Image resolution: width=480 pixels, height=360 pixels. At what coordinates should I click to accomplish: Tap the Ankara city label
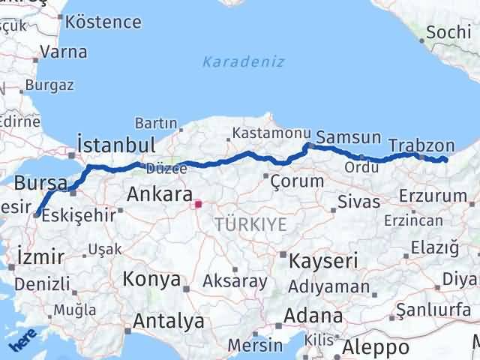click(159, 194)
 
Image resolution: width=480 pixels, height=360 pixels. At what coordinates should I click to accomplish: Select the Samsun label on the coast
click(348, 136)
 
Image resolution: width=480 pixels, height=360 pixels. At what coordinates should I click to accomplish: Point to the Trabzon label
click(422, 145)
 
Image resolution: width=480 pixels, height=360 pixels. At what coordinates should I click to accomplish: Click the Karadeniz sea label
click(244, 61)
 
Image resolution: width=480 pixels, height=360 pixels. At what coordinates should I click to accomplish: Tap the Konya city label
click(152, 279)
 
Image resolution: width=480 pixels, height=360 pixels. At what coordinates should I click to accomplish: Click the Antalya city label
click(168, 321)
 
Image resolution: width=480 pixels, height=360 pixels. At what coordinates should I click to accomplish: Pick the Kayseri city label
click(324, 260)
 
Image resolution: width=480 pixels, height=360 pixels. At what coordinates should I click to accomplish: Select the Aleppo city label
click(376, 347)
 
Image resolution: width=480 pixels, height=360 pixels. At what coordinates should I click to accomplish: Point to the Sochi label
click(448, 32)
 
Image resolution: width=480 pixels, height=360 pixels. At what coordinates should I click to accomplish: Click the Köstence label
click(107, 21)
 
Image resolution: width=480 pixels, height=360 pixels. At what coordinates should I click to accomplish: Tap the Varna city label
click(63, 52)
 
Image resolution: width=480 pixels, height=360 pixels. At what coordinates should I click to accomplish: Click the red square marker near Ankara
click(198, 203)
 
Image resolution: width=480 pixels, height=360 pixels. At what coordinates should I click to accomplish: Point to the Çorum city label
click(297, 181)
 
